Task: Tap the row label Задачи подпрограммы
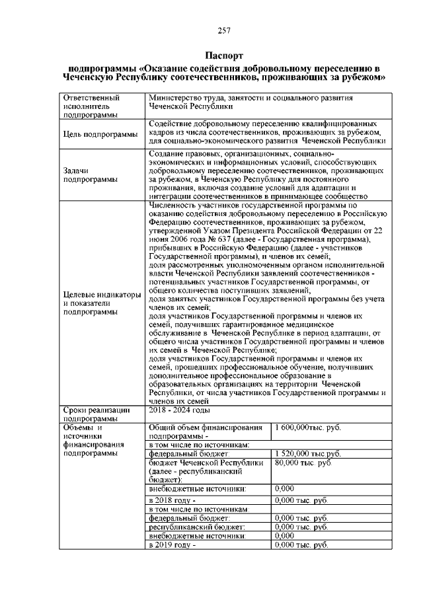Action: [85, 174]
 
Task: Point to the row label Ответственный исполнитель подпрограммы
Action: [90, 106]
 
